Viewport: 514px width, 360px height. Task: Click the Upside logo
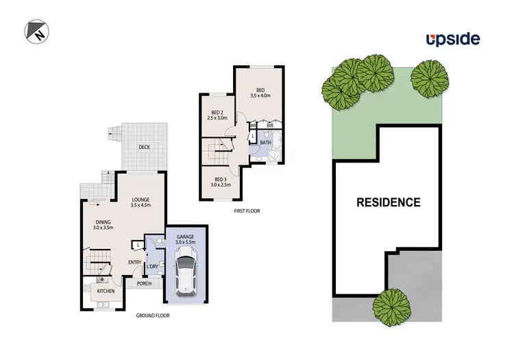pyautogui.click(x=452, y=39)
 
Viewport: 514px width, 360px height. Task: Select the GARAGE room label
pyautogui.click(x=186, y=237)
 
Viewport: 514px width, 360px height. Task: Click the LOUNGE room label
pyautogui.click(x=140, y=200)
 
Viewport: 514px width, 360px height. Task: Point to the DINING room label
pyautogui.click(x=103, y=222)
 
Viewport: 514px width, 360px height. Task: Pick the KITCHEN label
pyautogui.click(x=106, y=291)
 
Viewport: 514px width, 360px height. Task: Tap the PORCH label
pyautogui.click(x=144, y=283)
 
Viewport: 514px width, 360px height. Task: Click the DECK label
pyautogui.click(x=144, y=147)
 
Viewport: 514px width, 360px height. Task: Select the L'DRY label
pyautogui.click(x=153, y=266)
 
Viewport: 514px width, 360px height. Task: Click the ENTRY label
pyautogui.click(x=135, y=262)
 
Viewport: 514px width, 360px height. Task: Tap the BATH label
pyautogui.click(x=265, y=143)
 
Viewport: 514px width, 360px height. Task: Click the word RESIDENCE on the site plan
pyautogui.click(x=388, y=202)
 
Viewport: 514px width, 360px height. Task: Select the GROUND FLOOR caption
pyautogui.click(x=153, y=315)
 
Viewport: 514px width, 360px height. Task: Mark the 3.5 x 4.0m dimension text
pyautogui.click(x=260, y=97)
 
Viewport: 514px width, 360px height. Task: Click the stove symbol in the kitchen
pyautogui.click(x=102, y=280)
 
